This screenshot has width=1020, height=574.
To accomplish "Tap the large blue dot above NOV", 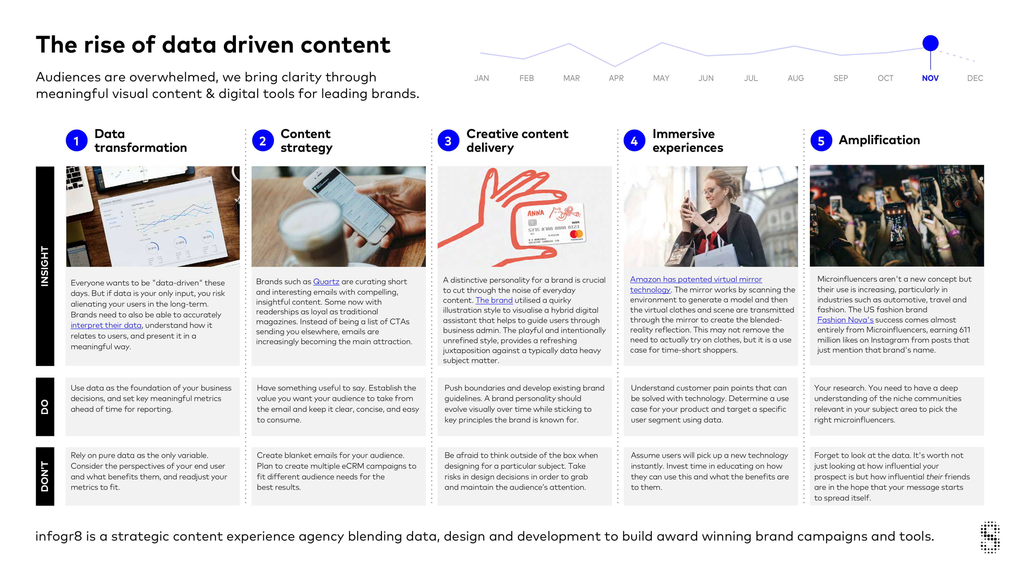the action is [930, 43].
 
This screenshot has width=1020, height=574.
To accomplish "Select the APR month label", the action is [616, 78].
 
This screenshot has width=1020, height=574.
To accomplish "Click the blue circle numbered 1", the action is [76, 141].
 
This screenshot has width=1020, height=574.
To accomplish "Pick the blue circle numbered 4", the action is [634, 141].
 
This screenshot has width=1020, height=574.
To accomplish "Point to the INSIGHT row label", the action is [45, 266].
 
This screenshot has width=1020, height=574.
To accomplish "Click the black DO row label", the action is [45, 407].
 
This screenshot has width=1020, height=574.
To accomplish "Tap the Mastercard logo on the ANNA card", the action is [576, 234].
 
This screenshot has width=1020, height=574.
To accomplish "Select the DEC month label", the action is [975, 78].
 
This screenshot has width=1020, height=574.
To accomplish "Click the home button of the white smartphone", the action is [382, 229].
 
